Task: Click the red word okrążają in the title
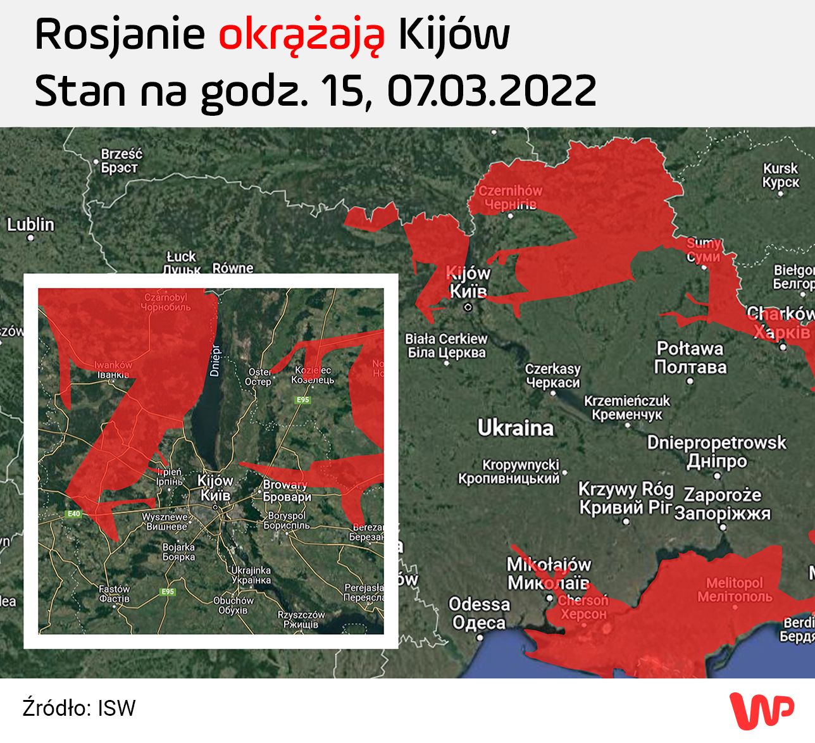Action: (301, 36)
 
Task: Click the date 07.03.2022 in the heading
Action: (492, 91)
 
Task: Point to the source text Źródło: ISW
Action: (79, 708)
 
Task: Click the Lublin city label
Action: (30, 225)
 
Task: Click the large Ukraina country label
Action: (515, 428)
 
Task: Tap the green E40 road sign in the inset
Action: (74, 514)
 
